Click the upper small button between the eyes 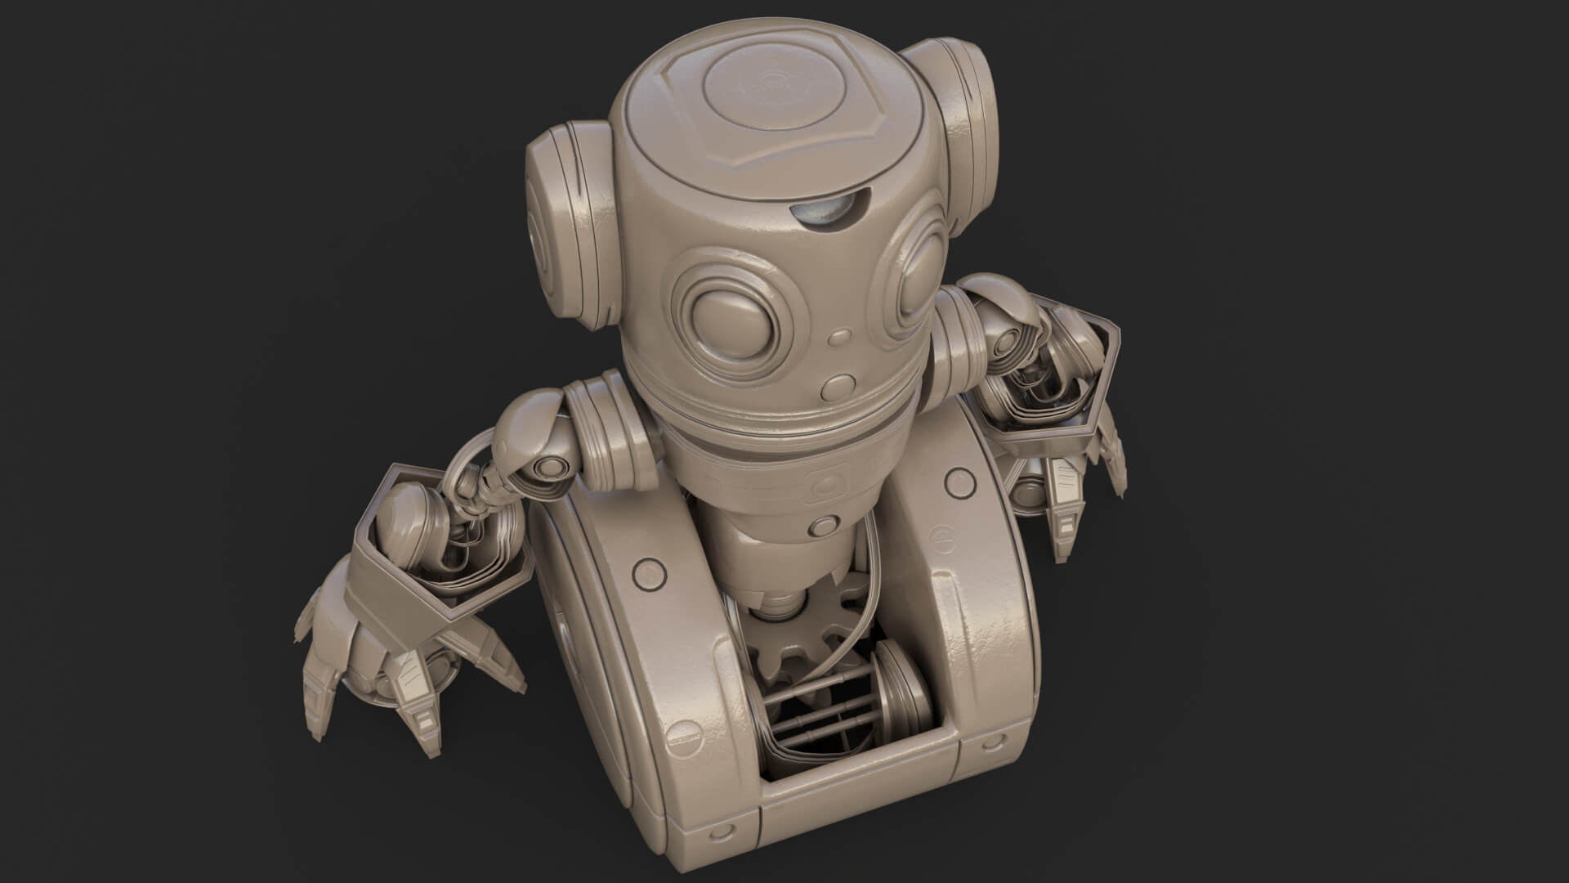(838, 336)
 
